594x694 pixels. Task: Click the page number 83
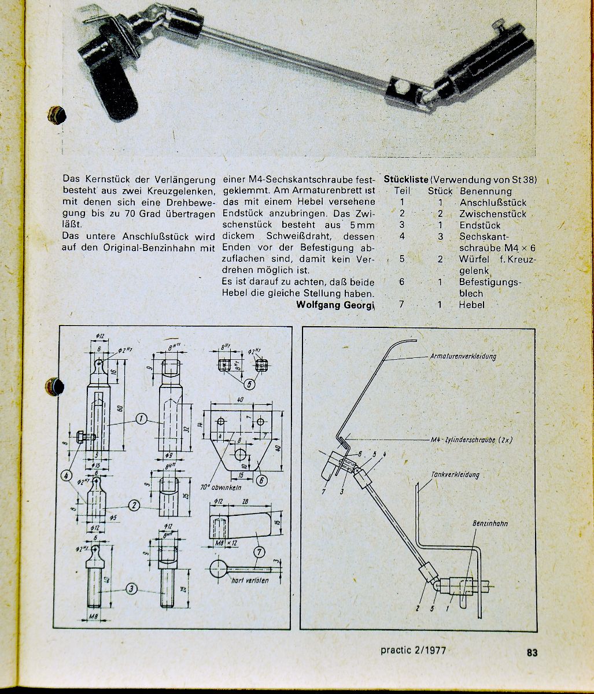tap(532, 652)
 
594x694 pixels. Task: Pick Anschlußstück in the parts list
tap(493, 202)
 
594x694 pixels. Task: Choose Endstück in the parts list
tap(480, 225)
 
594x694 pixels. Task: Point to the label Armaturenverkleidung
tap(463, 356)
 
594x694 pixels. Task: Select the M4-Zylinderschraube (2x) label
tap(471, 440)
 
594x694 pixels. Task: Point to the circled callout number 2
tap(134, 505)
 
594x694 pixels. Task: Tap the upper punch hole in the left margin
tap(57, 115)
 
